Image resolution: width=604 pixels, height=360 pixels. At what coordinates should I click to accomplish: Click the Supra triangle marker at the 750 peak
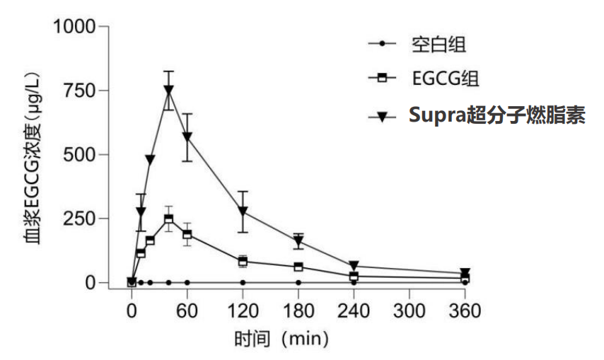169,90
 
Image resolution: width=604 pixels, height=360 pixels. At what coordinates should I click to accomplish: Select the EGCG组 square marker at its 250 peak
169,219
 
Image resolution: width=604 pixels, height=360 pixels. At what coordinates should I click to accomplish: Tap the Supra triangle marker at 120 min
243,211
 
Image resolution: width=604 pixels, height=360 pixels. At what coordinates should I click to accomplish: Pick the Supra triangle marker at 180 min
298,241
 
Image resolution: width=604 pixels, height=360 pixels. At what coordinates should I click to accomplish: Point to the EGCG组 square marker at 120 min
243,262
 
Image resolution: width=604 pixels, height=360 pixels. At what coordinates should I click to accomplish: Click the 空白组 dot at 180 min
298,283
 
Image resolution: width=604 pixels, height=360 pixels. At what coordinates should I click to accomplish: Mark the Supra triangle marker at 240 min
354,265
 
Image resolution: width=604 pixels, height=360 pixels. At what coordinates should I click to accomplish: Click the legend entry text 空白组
439,45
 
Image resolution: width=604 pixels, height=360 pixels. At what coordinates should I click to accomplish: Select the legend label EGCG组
446,79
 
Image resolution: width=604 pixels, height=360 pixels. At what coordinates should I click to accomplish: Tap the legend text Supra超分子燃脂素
497,115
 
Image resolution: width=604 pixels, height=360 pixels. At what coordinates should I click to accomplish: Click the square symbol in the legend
382,77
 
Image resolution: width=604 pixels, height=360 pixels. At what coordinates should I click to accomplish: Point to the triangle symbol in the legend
382,117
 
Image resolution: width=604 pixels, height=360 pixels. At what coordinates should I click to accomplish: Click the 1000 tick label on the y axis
74,27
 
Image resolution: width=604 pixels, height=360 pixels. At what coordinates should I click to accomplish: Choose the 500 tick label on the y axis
79,155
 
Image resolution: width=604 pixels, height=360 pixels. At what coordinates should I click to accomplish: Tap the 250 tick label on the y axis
79,219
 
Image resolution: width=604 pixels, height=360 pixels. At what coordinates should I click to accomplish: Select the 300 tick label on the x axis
409,310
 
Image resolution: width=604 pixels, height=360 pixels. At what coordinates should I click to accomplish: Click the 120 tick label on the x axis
243,310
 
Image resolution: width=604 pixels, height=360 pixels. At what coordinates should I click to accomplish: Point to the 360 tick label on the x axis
465,310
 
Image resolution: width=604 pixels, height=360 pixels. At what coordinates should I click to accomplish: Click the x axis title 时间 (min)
281,339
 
